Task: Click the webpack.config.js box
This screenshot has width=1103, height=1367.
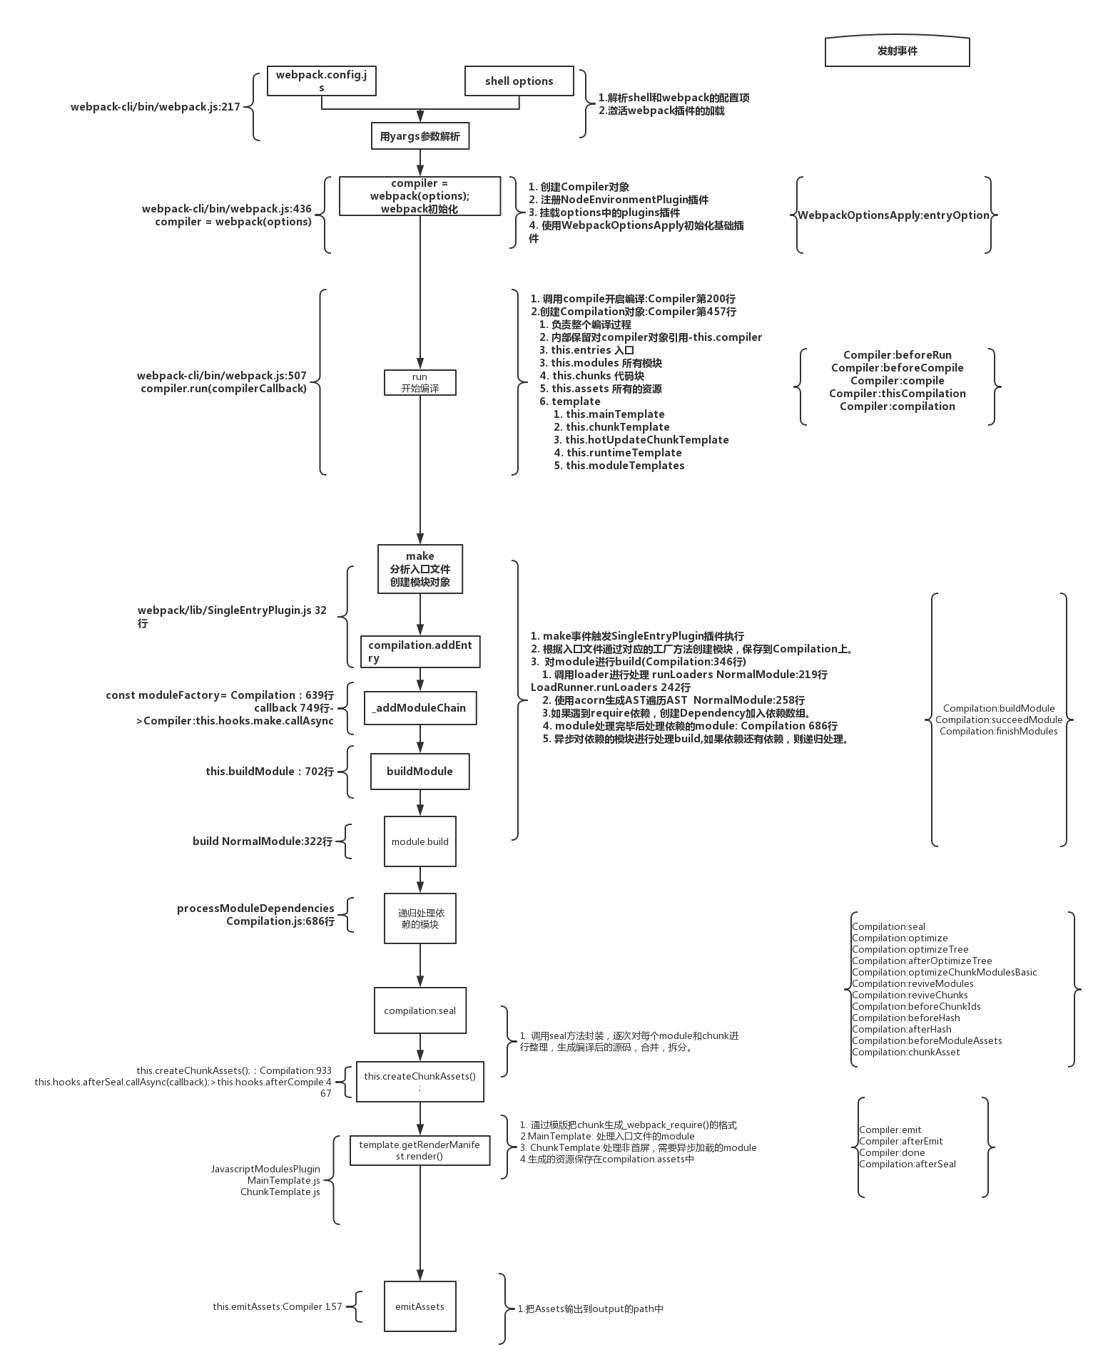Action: tap(321, 81)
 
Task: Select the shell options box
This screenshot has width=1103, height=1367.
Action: tap(519, 81)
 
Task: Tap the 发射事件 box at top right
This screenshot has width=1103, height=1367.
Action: tap(897, 51)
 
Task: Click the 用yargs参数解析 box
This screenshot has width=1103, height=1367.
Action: tap(420, 136)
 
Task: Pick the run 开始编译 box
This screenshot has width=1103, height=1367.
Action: tap(420, 382)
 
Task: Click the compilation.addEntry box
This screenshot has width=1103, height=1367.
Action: tap(420, 651)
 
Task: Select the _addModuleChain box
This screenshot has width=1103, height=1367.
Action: tap(420, 707)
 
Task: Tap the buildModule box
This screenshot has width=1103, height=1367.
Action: tap(420, 771)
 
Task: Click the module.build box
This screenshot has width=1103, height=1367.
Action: tap(420, 841)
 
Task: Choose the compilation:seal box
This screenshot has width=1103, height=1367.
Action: tap(420, 1010)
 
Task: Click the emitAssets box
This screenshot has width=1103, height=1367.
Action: tap(420, 1306)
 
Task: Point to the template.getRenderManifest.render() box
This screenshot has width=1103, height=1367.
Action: tap(420, 1150)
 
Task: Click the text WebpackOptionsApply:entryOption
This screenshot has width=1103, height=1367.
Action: tap(893, 215)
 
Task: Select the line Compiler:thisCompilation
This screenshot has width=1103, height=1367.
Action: tap(897, 394)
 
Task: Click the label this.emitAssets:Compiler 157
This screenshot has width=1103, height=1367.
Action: tap(277, 1306)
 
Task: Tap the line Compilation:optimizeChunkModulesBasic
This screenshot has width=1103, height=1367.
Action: tap(944, 972)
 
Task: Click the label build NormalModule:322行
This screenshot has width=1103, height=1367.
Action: tap(262, 841)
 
